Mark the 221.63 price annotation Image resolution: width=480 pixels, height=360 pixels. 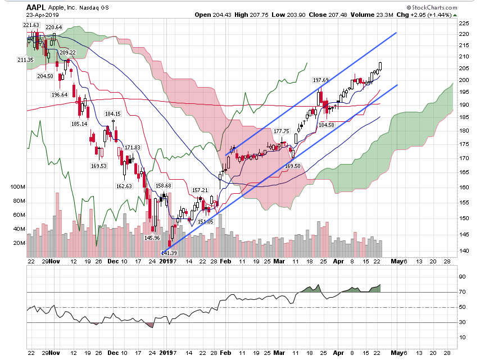coord(32,25)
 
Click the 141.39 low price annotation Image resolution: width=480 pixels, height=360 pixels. coord(169,253)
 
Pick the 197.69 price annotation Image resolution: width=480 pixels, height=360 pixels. coord(320,80)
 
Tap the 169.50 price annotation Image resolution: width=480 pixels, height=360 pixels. coord(293,166)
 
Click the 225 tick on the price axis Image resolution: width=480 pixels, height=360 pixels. coord(464,24)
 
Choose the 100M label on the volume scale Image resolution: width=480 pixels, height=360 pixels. coord(17,186)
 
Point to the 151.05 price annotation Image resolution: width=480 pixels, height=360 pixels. coord(206,221)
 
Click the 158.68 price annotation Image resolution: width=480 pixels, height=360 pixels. coord(163,185)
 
